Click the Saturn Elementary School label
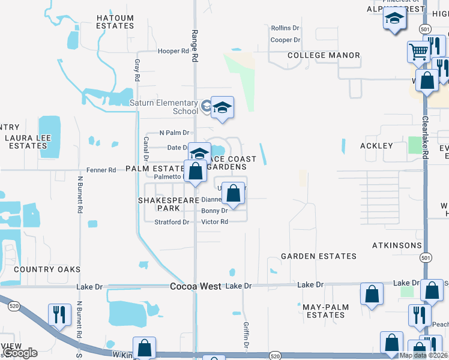(x=164, y=107)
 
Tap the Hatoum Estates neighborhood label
(x=115, y=22)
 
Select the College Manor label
(x=324, y=55)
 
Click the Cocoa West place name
(x=196, y=287)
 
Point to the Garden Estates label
(x=319, y=256)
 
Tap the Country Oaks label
(x=47, y=269)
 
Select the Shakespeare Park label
(x=159, y=204)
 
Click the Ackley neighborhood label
(x=376, y=146)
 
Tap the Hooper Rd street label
(x=173, y=52)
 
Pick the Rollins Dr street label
(x=285, y=28)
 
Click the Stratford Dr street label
(x=172, y=222)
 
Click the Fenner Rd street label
(x=101, y=170)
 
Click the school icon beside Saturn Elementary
(x=221, y=108)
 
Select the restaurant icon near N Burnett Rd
(x=59, y=314)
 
